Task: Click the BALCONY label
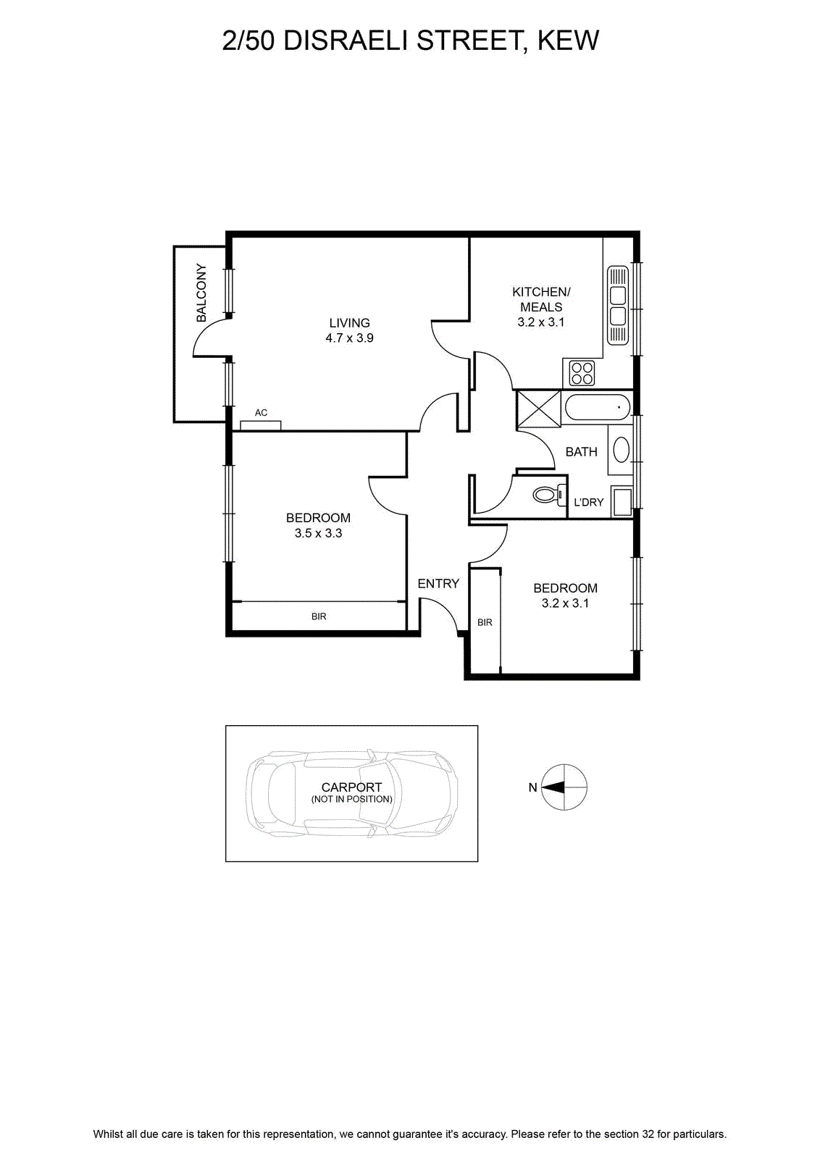[201, 293]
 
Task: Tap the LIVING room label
[350, 323]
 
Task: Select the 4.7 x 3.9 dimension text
[350, 338]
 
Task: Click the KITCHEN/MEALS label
[541, 299]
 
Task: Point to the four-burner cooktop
[582, 373]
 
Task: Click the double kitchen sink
[618, 305]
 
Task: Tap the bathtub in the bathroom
[598, 407]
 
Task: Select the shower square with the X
[538, 409]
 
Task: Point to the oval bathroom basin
[621, 449]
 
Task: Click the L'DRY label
[589, 502]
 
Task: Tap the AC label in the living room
[262, 412]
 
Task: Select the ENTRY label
[438, 584]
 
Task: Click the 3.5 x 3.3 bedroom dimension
[318, 533]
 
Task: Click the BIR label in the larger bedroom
[319, 616]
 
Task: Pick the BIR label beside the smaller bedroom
[485, 622]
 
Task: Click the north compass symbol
[564, 787]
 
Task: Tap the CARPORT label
[351, 787]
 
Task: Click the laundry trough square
[622, 501]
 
